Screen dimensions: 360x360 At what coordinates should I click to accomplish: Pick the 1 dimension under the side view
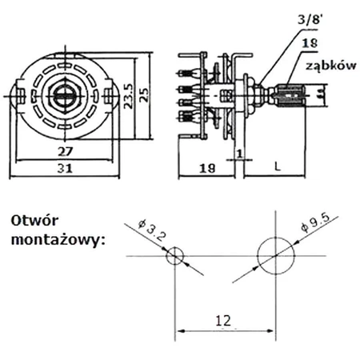coord(238,153)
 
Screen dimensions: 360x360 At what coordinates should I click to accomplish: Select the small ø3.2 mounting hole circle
coord(175,256)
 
